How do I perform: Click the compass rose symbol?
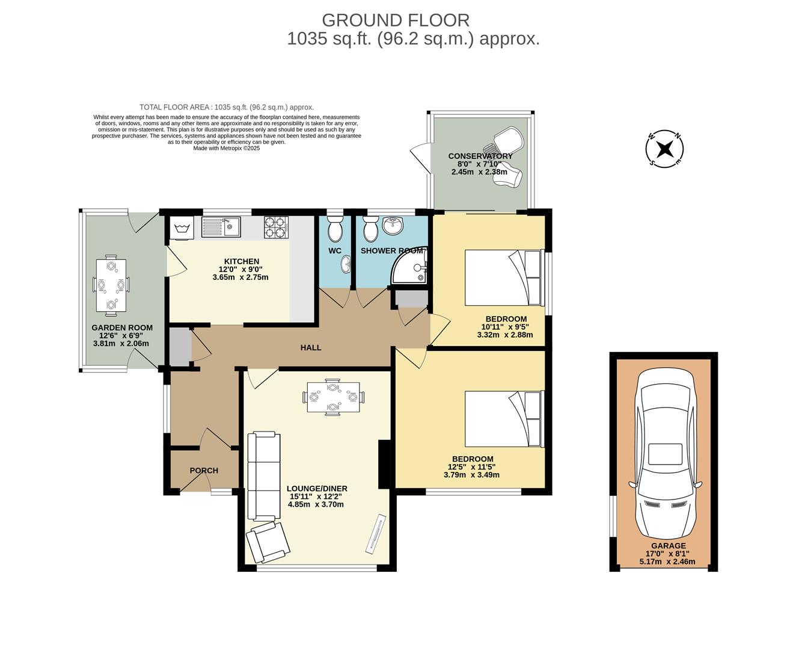pyautogui.click(x=664, y=149)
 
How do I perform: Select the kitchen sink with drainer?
pyautogui.click(x=221, y=227)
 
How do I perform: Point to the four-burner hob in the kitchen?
pyautogui.click(x=276, y=227)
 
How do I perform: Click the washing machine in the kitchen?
pyautogui.click(x=182, y=228)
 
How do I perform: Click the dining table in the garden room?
pyautogui.click(x=111, y=285)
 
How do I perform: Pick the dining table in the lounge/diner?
pyautogui.click(x=333, y=397)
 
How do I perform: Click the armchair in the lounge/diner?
pyautogui.click(x=268, y=541)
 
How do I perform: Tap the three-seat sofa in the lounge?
pyautogui.click(x=263, y=476)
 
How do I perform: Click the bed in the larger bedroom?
pyautogui.click(x=504, y=419)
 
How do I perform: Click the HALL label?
pyautogui.click(x=311, y=348)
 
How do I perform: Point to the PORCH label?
pyautogui.click(x=204, y=471)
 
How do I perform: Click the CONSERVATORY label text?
pyautogui.click(x=480, y=156)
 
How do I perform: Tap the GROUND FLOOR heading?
pyautogui.click(x=396, y=20)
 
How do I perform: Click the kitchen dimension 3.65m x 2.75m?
pyautogui.click(x=240, y=277)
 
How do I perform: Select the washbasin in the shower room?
pyautogui.click(x=393, y=227)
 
